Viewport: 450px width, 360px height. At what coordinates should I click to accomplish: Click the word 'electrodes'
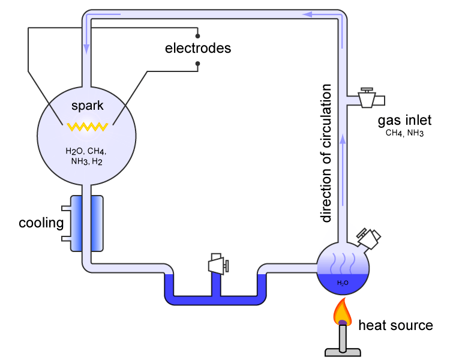click(x=198, y=47)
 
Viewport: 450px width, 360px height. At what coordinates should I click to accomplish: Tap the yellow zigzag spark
click(x=88, y=126)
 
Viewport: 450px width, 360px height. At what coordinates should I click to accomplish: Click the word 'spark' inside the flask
click(x=88, y=106)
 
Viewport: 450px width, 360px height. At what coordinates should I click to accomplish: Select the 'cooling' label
click(x=41, y=224)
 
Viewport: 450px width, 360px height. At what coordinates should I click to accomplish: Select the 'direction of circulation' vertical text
click(x=326, y=154)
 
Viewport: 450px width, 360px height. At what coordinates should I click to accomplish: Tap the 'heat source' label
click(x=395, y=326)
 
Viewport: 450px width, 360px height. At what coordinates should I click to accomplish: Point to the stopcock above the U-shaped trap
click(x=217, y=264)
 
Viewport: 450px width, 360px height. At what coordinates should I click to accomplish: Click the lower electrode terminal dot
click(x=197, y=62)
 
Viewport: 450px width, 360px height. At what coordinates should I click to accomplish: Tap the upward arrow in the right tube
click(x=343, y=140)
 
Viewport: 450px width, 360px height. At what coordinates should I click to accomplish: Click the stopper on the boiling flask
click(x=369, y=237)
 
